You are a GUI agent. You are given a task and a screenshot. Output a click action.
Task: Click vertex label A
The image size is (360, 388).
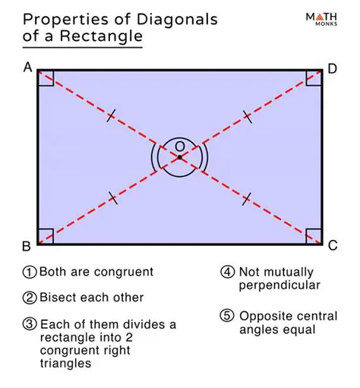27,68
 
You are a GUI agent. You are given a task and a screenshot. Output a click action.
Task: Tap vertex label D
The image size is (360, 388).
332,69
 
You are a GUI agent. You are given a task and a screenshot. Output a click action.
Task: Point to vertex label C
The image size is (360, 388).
332,246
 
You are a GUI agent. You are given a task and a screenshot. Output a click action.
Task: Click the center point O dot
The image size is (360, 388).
179,157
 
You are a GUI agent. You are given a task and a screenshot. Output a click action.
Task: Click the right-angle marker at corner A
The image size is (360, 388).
45,78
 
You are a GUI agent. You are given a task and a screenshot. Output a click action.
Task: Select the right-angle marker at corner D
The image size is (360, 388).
314,78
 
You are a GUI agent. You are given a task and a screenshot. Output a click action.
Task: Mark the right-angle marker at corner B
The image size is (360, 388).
45,236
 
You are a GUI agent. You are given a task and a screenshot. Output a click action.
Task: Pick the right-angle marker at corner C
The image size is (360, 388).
314,236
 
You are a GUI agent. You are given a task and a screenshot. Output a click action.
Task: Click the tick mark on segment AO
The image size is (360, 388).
111,116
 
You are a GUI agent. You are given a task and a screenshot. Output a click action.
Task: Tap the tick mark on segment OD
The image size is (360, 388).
247,116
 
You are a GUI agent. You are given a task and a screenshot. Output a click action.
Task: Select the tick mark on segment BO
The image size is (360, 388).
112,198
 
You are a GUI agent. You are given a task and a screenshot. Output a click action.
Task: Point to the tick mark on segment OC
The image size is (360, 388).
246,198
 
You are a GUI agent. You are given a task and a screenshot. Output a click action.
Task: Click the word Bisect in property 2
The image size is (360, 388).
57,298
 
